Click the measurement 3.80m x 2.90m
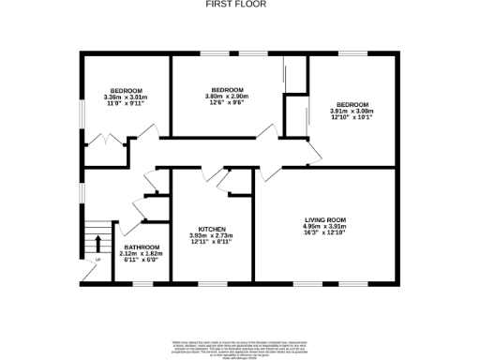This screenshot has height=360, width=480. click(227, 96)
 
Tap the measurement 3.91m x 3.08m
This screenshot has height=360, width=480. click(352, 112)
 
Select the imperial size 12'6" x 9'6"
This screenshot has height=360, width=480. click(227, 102)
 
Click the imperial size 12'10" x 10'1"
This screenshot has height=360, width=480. click(352, 118)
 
